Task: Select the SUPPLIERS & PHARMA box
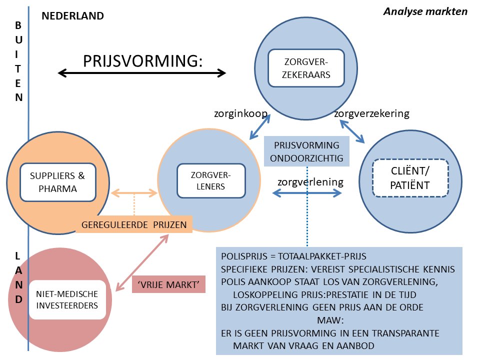click(57, 182)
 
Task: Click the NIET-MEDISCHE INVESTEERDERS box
click(67, 299)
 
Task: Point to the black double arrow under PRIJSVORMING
click(142, 73)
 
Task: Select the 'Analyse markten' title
click(425, 11)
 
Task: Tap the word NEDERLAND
click(73, 15)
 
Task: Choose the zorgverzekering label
click(371, 113)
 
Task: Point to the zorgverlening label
click(310, 181)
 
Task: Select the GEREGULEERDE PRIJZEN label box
click(134, 225)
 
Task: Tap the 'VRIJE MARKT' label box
click(168, 284)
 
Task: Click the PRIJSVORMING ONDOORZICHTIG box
click(306, 152)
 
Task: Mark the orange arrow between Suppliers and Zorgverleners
click(134, 192)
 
